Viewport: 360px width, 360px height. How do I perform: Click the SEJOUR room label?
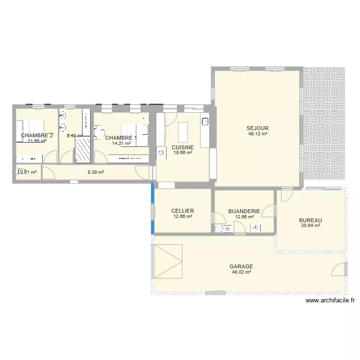(x=258, y=128)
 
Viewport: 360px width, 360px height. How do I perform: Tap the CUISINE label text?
(x=182, y=147)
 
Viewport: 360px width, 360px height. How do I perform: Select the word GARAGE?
(x=241, y=266)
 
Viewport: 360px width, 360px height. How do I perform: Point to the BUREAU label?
(x=310, y=220)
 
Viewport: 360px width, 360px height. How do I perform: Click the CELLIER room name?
(x=182, y=211)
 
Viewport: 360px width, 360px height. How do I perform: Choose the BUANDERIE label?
(x=244, y=211)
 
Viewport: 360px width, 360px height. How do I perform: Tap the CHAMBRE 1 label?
(x=121, y=138)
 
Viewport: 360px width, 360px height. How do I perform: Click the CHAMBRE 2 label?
(x=37, y=135)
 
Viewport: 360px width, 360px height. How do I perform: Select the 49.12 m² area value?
(x=258, y=134)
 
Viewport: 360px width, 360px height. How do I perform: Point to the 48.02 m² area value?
(x=241, y=272)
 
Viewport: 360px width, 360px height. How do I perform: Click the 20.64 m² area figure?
(x=310, y=226)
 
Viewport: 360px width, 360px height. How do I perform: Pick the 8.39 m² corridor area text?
(x=96, y=172)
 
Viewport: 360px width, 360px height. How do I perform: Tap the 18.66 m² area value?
(x=182, y=153)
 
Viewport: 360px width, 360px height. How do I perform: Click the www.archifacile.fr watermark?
(x=330, y=301)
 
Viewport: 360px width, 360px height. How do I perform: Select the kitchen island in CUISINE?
(x=182, y=130)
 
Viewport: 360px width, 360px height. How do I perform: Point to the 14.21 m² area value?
(x=121, y=143)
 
